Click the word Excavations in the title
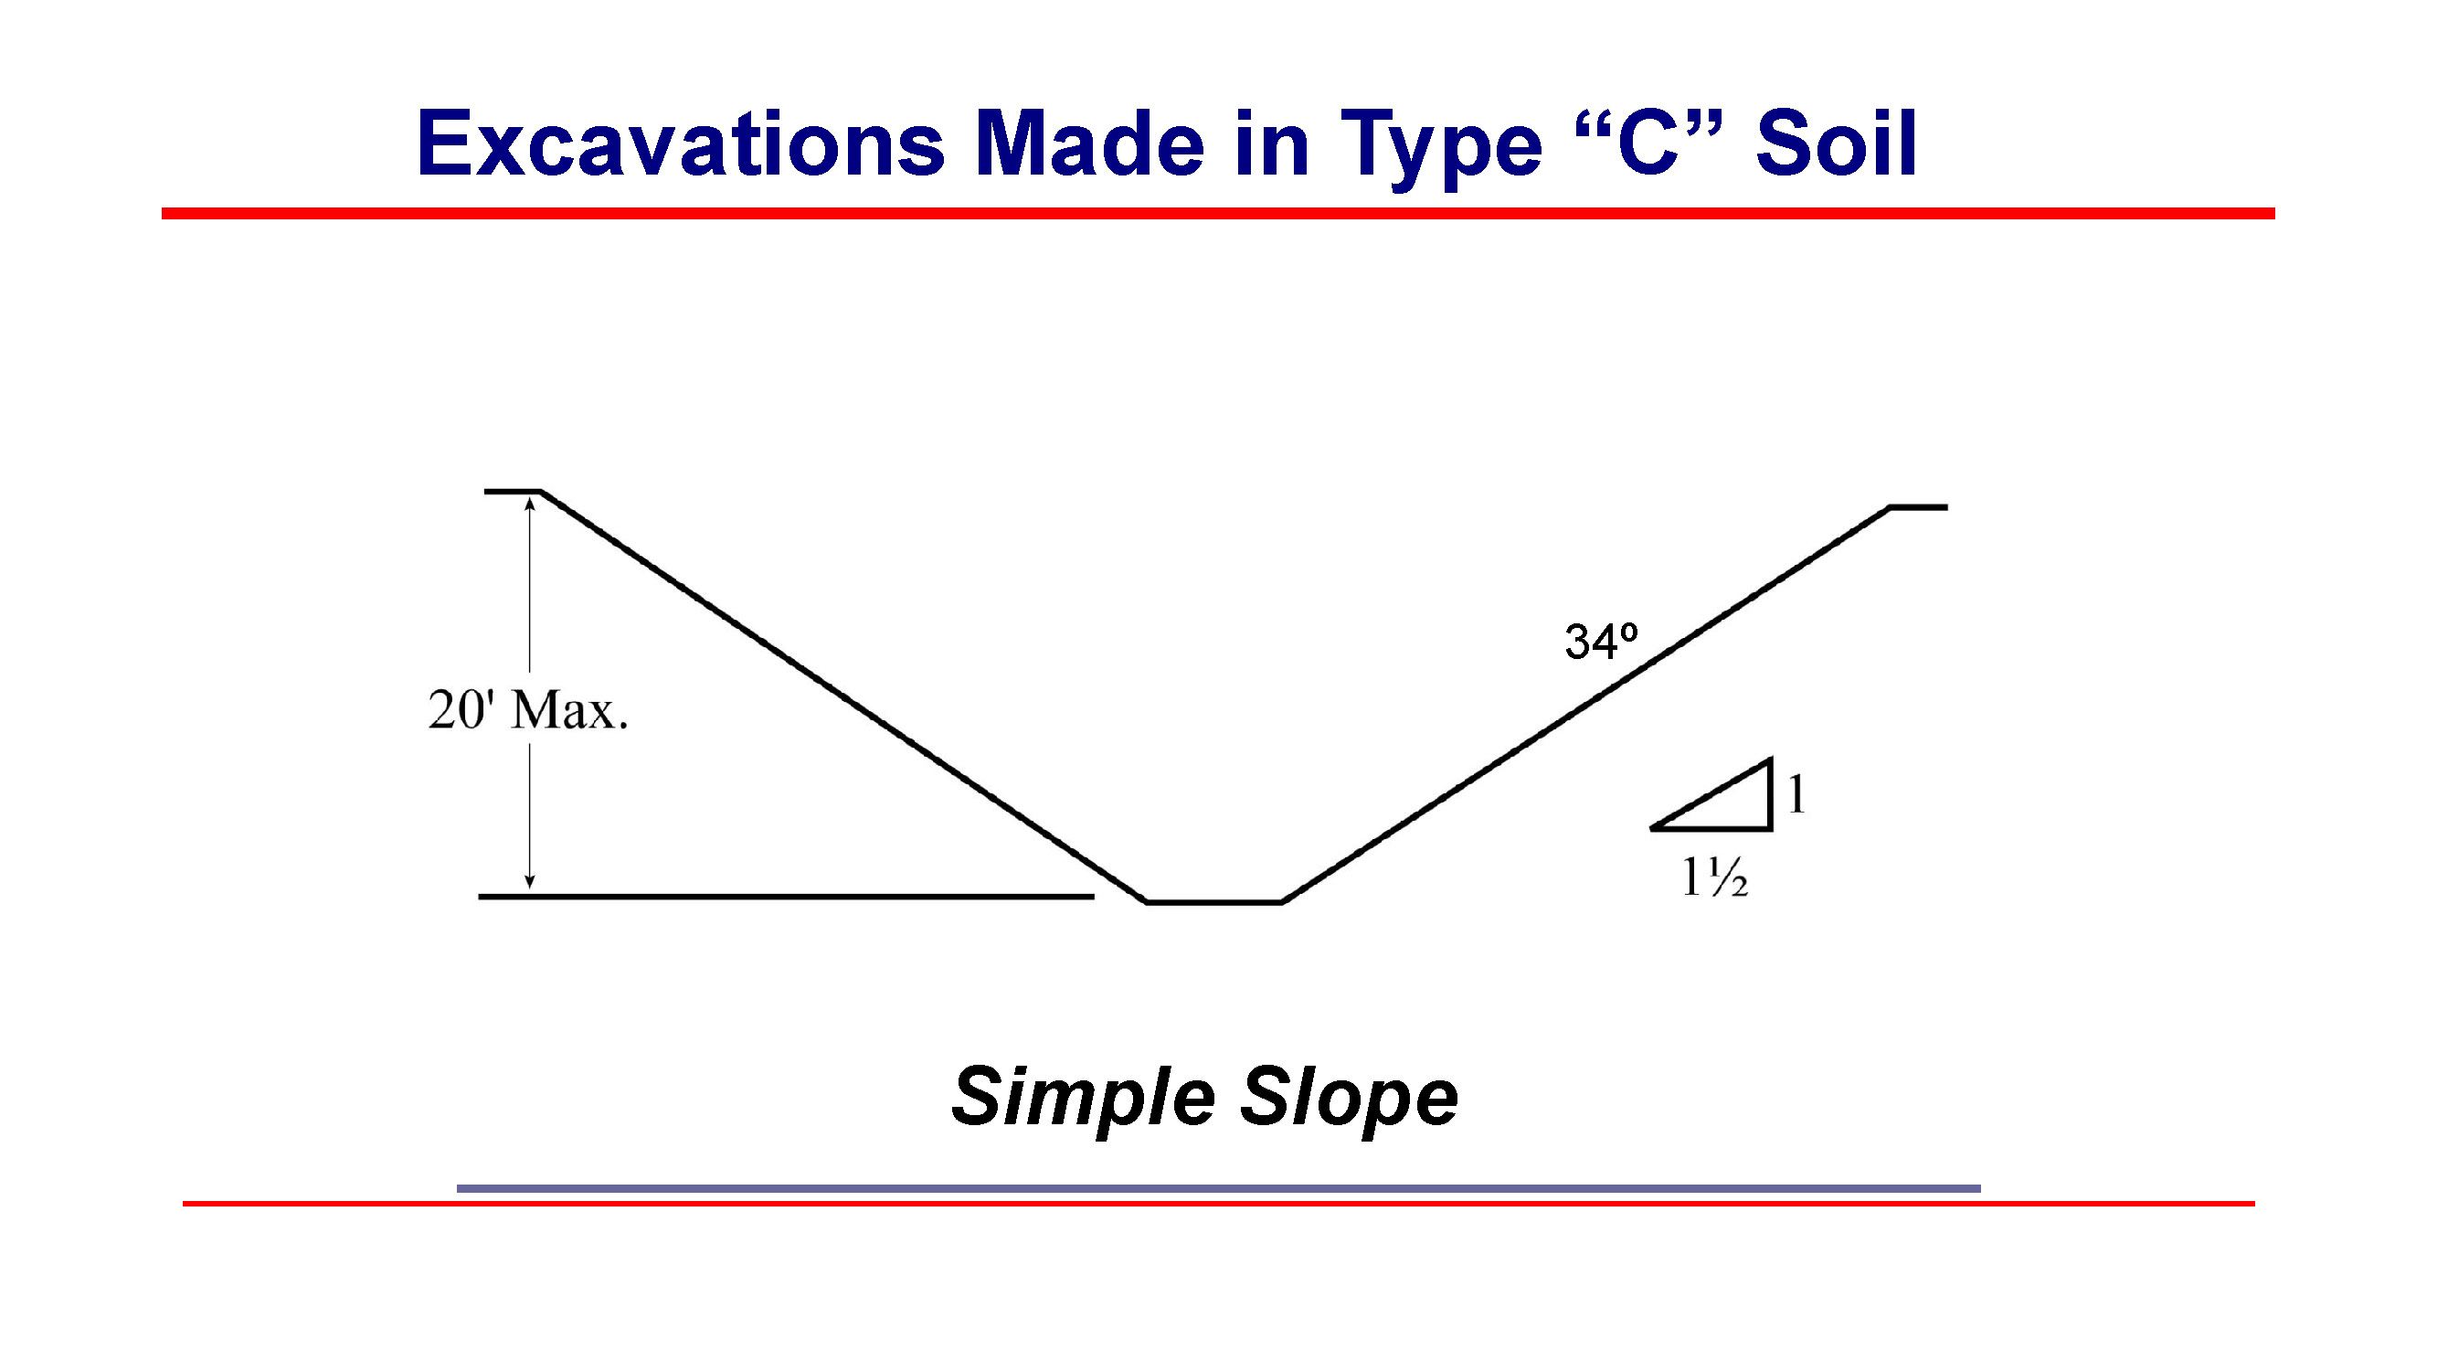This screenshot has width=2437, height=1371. [680, 143]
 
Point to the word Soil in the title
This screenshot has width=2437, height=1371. [1836, 143]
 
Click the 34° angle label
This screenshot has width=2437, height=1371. [1601, 642]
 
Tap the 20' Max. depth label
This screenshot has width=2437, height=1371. [528, 709]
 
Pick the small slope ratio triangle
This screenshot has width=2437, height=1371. [1732, 804]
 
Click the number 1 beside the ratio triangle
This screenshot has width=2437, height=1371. [1796, 794]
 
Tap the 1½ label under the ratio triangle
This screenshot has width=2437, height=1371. [1714, 877]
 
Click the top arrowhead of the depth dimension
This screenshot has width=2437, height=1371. [530, 505]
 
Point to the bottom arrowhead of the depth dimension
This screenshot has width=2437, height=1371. [530, 883]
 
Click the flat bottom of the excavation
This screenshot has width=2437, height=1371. [1213, 903]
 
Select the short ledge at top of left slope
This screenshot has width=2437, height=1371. [512, 491]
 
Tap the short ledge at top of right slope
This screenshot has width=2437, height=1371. [1919, 508]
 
